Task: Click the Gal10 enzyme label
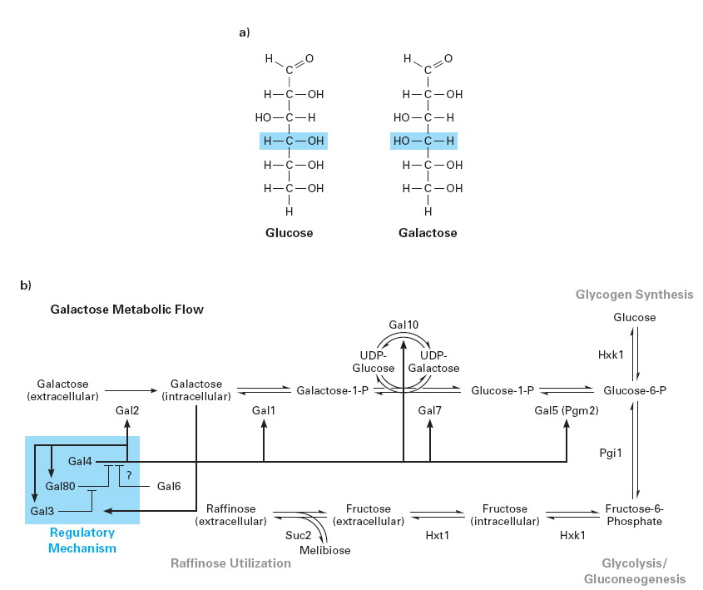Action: [x=403, y=325]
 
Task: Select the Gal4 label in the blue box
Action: [x=80, y=461]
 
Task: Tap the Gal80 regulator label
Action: [x=60, y=486]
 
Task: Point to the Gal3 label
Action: [x=42, y=511]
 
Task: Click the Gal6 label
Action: [x=169, y=486]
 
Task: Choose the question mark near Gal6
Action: [x=129, y=475]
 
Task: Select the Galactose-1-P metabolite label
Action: [x=332, y=390]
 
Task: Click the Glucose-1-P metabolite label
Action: [x=502, y=390]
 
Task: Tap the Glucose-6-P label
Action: [x=635, y=390]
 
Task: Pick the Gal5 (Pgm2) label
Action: [x=567, y=410]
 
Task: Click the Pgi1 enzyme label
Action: [x=611, y=453]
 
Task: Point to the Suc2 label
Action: [x=298, y=535]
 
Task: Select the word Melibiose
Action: [x=324, y=550]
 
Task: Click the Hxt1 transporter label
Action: [x=437, y=535]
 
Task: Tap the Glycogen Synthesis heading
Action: [x=635, y=295]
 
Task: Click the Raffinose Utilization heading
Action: [x=231, y=563]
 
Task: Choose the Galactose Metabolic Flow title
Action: [x=127, y=310]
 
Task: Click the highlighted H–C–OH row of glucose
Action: [x=294, y=141]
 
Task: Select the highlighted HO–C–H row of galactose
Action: [x=423, y=141]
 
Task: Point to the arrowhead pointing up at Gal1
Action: [x=264, y=423]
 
